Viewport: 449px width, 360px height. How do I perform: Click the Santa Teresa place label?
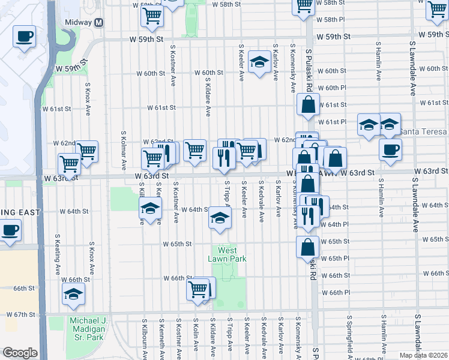pos(423,131)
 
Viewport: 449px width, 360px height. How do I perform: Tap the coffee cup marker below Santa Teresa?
pos(390,149)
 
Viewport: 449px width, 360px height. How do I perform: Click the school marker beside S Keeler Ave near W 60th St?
pos(259,62)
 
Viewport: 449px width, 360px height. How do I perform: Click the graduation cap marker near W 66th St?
pos(73,293)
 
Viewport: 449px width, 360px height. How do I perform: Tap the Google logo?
pos(19,353)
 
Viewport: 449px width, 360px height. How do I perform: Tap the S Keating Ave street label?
pos(58,254)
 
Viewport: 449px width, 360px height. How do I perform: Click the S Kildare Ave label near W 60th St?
pos(208,96)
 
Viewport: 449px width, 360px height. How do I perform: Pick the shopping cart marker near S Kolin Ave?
pos(198,290)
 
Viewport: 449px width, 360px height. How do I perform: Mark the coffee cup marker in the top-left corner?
pos(24,37)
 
